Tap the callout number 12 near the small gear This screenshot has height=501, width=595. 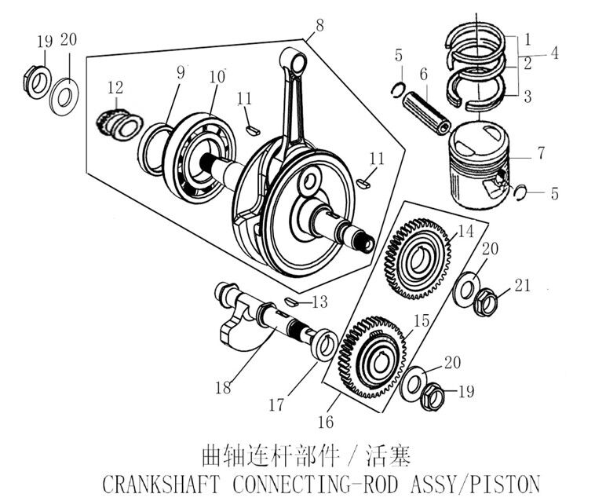[115, 86]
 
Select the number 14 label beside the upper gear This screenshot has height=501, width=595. [465, 232]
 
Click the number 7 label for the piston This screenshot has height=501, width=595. [540, 154]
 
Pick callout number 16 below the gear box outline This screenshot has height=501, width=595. [326, 422]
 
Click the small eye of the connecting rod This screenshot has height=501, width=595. [296, 59]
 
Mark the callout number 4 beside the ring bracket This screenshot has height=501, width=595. [554, 53]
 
